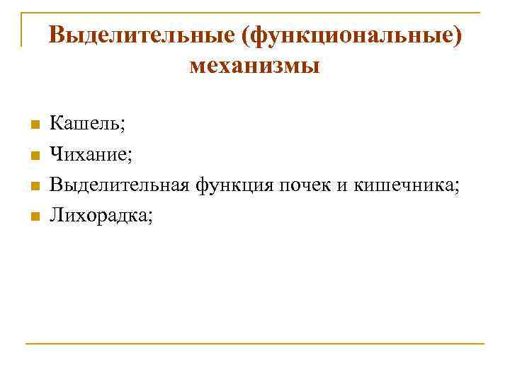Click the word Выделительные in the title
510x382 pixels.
[x=142, y=35]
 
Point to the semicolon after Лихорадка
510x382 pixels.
[x=149, y=217]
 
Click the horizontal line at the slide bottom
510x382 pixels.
[x=255, y=344]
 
